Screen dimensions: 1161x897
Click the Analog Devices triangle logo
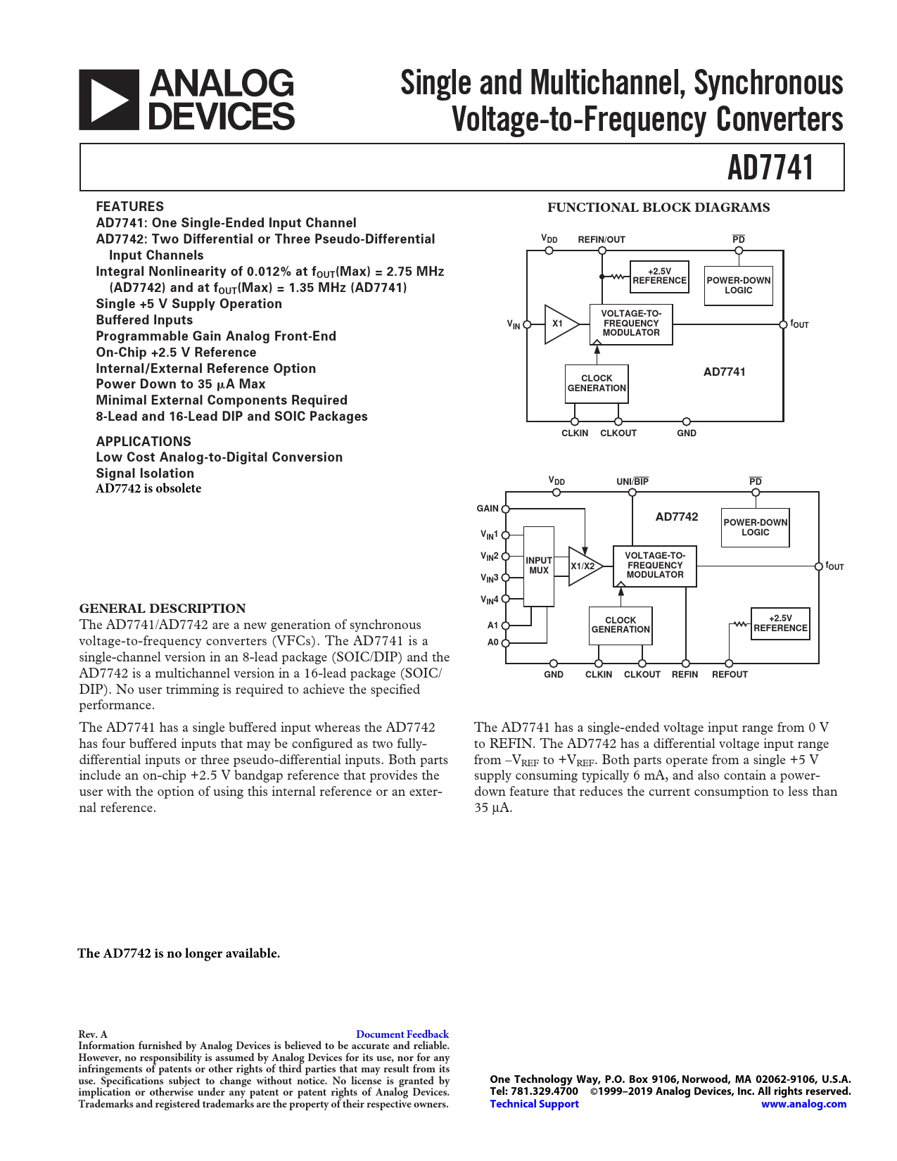[x=108, y=100]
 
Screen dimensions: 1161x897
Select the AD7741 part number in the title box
[x=770, y=168]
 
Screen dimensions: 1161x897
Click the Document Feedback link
[x=402, y=1034]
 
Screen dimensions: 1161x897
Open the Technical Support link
[x=534, y=1104]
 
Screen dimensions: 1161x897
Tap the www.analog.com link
[x=803, y=1104]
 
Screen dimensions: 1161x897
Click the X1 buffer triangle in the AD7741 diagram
[x=559, y=324]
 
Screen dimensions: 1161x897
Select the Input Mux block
[x=539, y=566]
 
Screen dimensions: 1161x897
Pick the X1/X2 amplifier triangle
[x=583, y=566]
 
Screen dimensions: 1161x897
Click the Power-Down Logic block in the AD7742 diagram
[x=755, y=528]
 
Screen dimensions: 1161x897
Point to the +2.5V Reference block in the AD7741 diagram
[x=659, y=276]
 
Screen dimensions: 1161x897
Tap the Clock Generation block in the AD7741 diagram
[x=597, y=383]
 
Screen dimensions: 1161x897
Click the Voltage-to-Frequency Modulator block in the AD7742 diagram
[x=655, y=566]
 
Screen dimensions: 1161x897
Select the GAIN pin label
[x=487, y=509]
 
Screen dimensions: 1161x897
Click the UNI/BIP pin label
[x=632, y=482]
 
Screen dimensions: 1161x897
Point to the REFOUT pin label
[x=730, y=675]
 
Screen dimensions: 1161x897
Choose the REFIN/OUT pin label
[x=602, y=240]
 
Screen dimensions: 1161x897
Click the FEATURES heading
[x=130, y=207]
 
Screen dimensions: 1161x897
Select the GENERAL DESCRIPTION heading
[x=163, y=609]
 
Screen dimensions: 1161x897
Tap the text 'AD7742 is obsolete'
[x=148, y=488]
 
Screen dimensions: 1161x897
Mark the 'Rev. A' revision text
[x=93, y=1034]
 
